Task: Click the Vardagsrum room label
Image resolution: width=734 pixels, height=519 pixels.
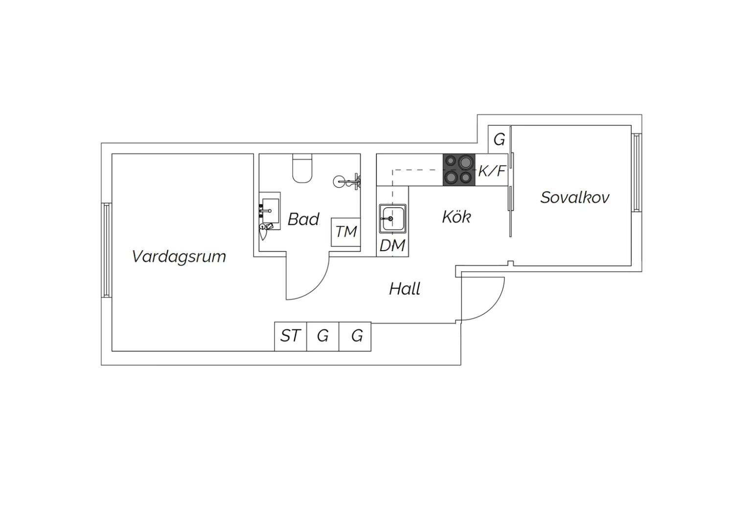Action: tap(179, 257)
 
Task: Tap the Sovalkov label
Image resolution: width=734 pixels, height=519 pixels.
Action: tap(575, 197)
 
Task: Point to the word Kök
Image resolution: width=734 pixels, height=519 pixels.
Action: tap(457, 216)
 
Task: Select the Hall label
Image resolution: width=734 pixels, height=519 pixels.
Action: tap(405, 288)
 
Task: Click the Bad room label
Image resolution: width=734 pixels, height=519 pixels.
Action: tap(303, 219)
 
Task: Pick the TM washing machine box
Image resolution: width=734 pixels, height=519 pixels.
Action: tap(345, 232)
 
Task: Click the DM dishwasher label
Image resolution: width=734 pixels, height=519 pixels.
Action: tap(392, 246)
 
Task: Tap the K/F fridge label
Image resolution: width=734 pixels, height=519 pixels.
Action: tap(492, 171)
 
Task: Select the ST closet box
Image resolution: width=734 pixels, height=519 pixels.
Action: tap(291, 336)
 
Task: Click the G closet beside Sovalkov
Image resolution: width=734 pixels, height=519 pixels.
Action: tap(499, 140)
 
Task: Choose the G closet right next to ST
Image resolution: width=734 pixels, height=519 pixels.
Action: tap(323, 336)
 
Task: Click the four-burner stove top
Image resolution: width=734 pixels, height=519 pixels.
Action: tap(459, 170)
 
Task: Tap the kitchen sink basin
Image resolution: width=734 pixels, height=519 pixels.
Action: tap(392, 219)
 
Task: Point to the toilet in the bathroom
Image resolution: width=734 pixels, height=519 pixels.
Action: tap(302, 168)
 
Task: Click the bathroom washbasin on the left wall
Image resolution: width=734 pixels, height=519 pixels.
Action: tap(270, 211)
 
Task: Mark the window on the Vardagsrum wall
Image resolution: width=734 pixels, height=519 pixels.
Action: tap(107, 250)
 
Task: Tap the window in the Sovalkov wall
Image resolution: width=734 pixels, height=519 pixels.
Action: tap(636, 172)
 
